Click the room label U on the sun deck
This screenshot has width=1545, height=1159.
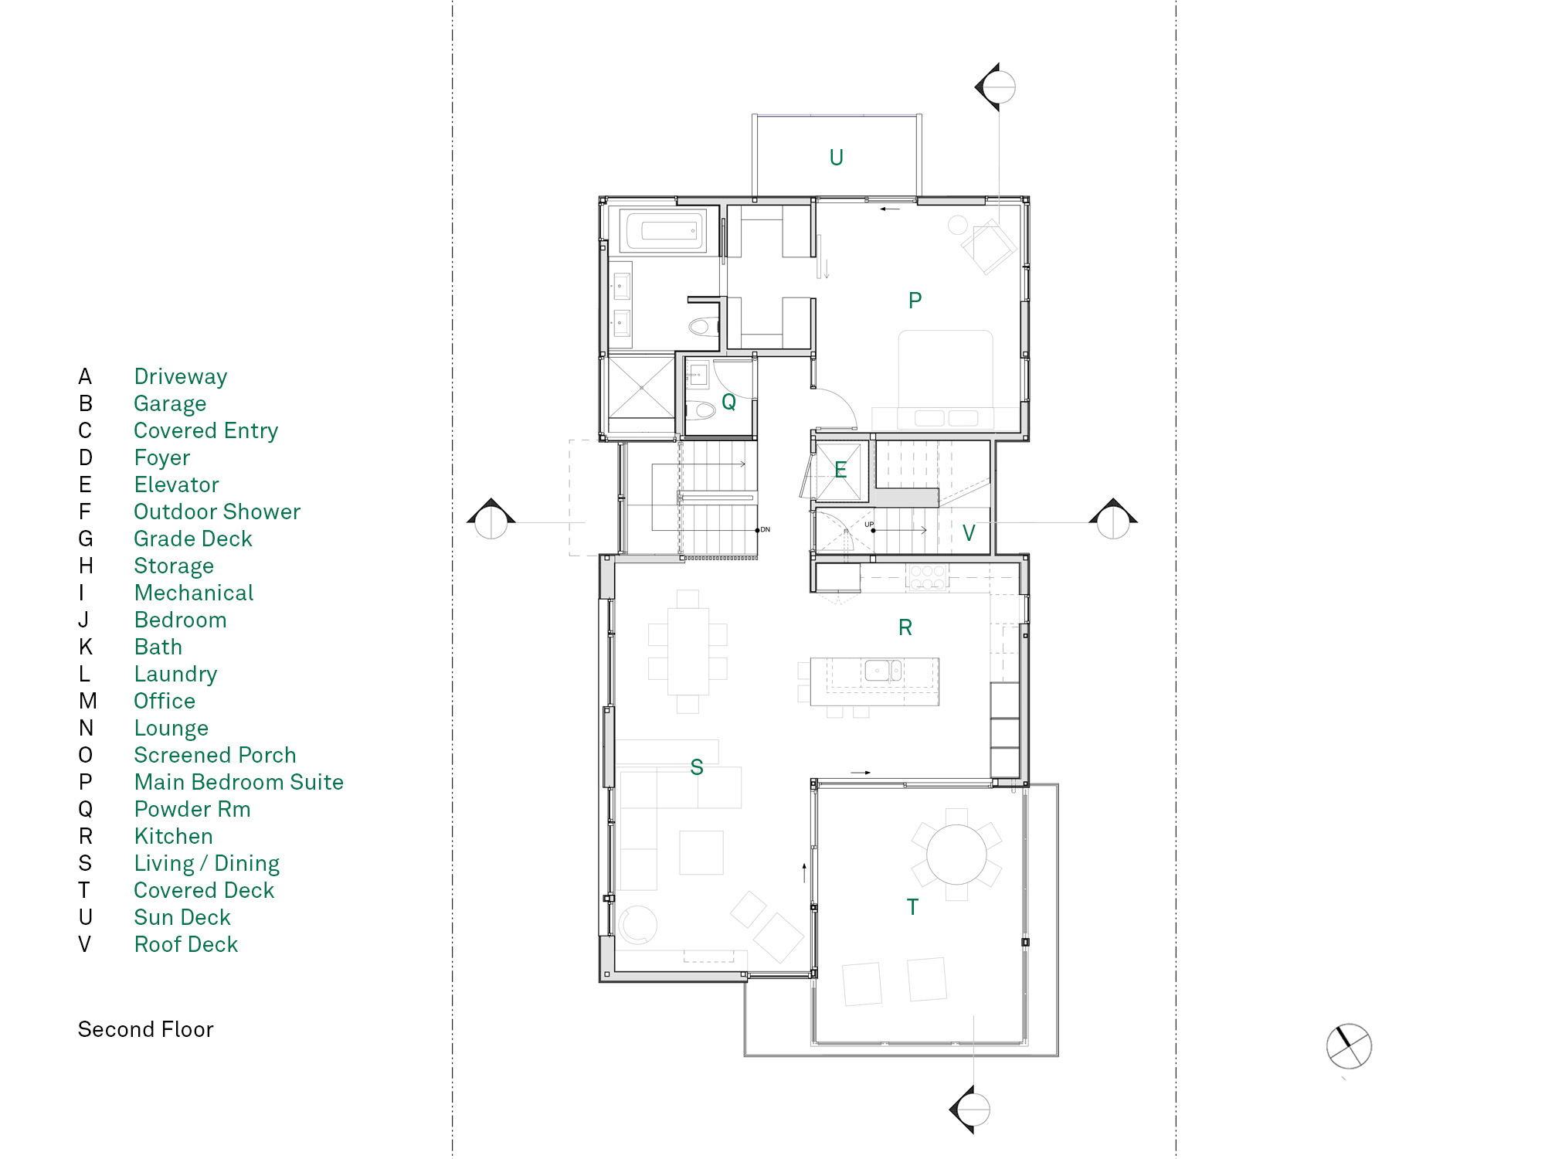pyautogui.click(x=836, y=158)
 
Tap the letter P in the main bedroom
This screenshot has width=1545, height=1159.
pyautogui.click(x=915, y=301)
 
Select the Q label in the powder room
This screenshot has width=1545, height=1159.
pyautogui.click(x=728, y=402)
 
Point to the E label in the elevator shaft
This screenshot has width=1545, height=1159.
pyautogui.click(x=840, y=470)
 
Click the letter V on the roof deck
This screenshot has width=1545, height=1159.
pyautogui.click(x=969, y=533)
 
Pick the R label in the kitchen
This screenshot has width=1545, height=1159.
pyautogui.click(x=905, y=627)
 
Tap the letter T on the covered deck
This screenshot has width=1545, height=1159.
pyautogui.click(x=912, y=907)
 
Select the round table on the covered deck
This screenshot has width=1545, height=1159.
pyautogui.click(x=956, y=855)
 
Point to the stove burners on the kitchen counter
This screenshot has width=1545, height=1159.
pyautogui.click(x=927, y=577)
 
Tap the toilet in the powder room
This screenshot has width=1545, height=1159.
pyautogui.click(x=702, y=410)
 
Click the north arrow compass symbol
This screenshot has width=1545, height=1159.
pyautogui.click(x=1349, y=1046)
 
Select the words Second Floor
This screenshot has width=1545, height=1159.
pyautogui.click(x=145, y=1029)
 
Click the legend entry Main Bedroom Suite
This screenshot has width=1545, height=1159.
pyautogui.click(x=239, y=782)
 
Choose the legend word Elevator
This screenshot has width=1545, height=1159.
pyautogui.click(x=176, y=484)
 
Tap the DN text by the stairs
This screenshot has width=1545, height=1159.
pyautogui.click(x=766, y=530)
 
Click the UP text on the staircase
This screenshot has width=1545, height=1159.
pyautogui.click(x=869, y=525)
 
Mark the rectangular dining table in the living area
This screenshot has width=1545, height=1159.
pyautogui.click(x=688, y=651)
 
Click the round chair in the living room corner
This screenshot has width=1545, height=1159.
pyautogui.click(x=637, y=924)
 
